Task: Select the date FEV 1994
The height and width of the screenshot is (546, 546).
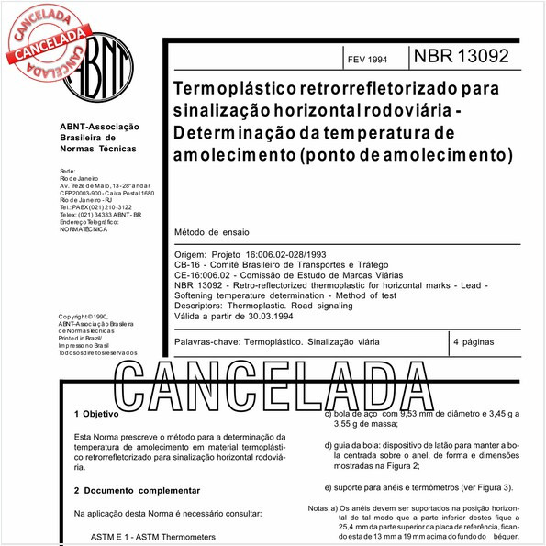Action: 366,57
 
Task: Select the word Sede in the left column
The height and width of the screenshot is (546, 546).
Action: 67,172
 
